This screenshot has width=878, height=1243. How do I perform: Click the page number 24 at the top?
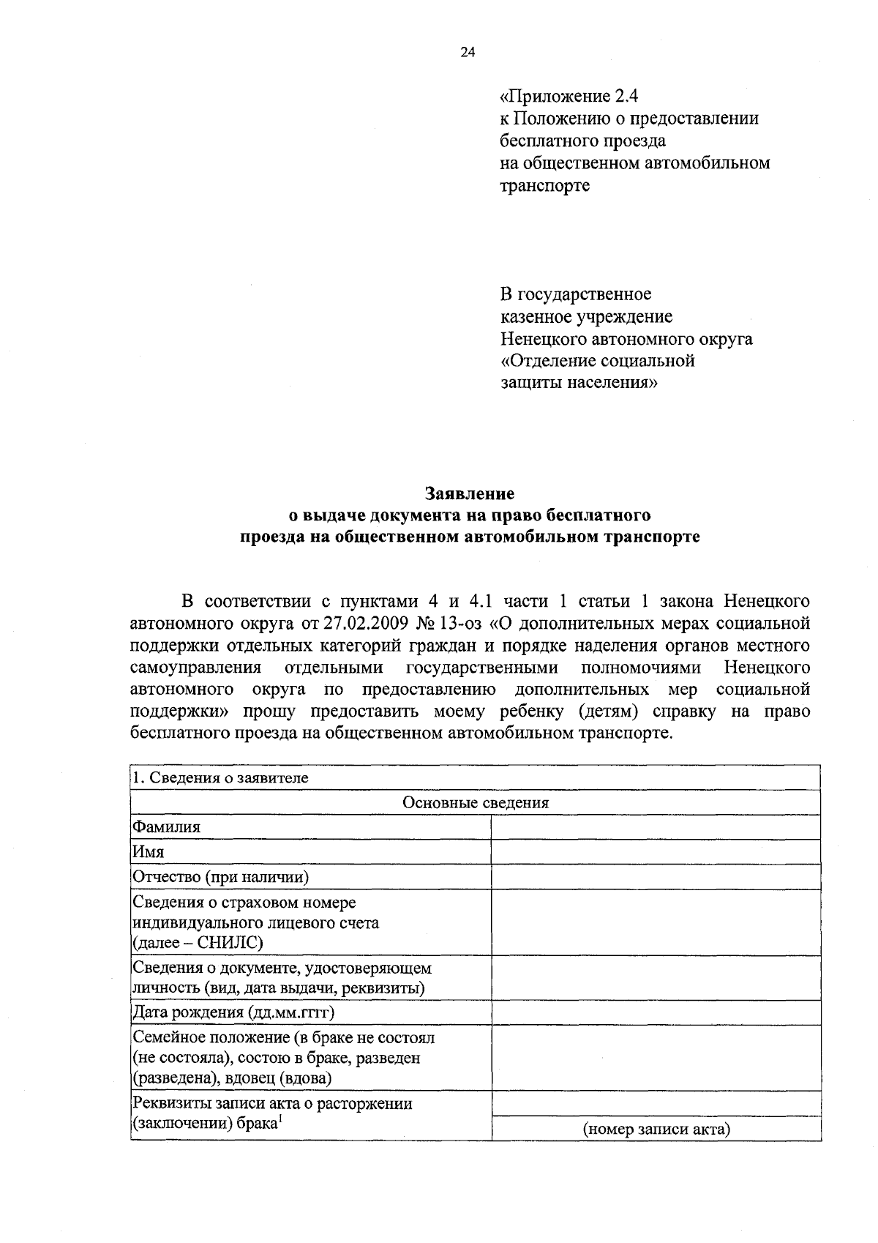click(468, 52)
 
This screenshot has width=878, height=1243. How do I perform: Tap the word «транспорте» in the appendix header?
click(544, 186)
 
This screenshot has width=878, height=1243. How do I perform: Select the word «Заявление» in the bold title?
click(470, 494)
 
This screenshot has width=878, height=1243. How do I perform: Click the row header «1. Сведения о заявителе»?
click(220, 777)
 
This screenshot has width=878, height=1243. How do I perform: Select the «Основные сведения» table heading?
click(476, 802)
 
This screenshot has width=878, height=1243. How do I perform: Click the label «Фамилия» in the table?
click(166, 827)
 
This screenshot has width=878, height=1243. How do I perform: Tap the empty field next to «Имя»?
click(656, 852)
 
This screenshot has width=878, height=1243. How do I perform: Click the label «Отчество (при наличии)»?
click(220, 877)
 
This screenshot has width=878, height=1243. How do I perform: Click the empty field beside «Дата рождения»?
click(656, 1013)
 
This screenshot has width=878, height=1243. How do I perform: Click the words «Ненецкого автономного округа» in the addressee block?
click(626, 339)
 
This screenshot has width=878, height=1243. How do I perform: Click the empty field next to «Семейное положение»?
click(656, 1058)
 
